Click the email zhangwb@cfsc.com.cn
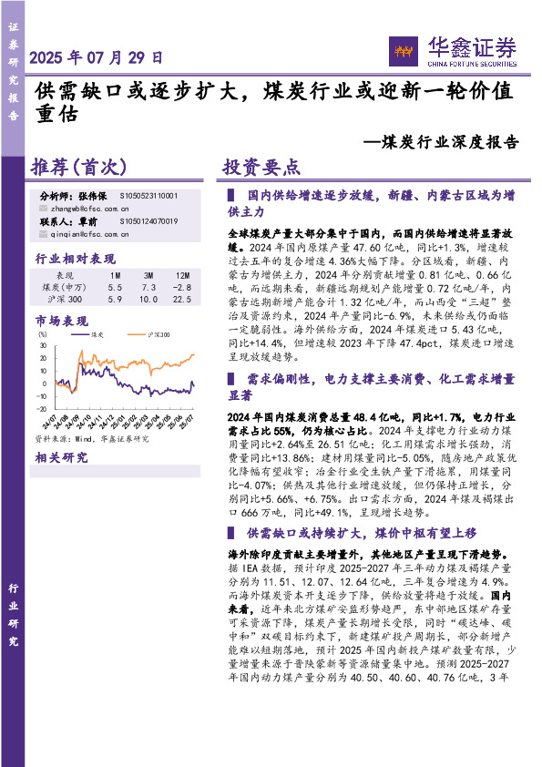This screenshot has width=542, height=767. [x=90, y=208]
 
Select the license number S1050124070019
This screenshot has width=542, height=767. [x=148, y=221]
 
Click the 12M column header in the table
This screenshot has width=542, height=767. [x=181, y=275]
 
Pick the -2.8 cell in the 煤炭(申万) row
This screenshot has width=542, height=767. [x=181, y=287]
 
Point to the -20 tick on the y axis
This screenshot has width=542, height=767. [x=44, y=408]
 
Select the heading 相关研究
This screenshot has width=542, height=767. [x=59, y=457]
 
